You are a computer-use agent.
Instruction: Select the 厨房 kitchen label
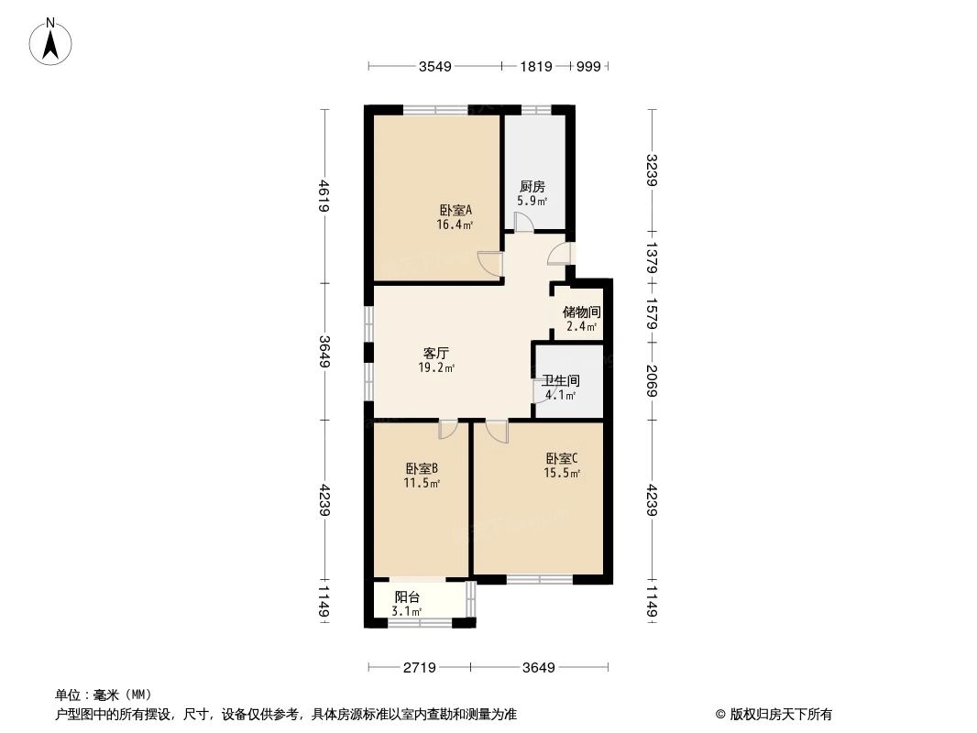pyautogui.click(x=532, y=187)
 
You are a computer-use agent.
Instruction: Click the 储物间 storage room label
pyautogui.click(x=581, y=312)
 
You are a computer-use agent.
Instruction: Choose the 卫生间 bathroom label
pyautogui.click(x=560, y=381)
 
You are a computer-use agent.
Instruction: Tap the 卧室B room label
pyautogui.click(x=423, y=468)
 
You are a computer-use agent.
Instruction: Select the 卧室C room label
pyautogui.click(x=563, y=459)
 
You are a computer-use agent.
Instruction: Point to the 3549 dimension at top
pyautogui.click(x=434, y=66)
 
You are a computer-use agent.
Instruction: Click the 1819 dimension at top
pyautogui.click(x=536, y=66)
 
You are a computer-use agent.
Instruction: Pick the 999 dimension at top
pyautogui.click(x=588, y=66)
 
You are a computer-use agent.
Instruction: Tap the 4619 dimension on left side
pyautogui.click(x=324, y=196)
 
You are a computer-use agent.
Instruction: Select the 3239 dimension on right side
pyautogui.click(x=652, y=170)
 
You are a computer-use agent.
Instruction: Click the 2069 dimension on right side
pyautogui.click(x=652, y=382)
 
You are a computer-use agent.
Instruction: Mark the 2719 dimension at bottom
pyautogui.click(x=420, y=667)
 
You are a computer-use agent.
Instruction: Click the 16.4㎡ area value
pyautogui.click(x=456, y=224)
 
